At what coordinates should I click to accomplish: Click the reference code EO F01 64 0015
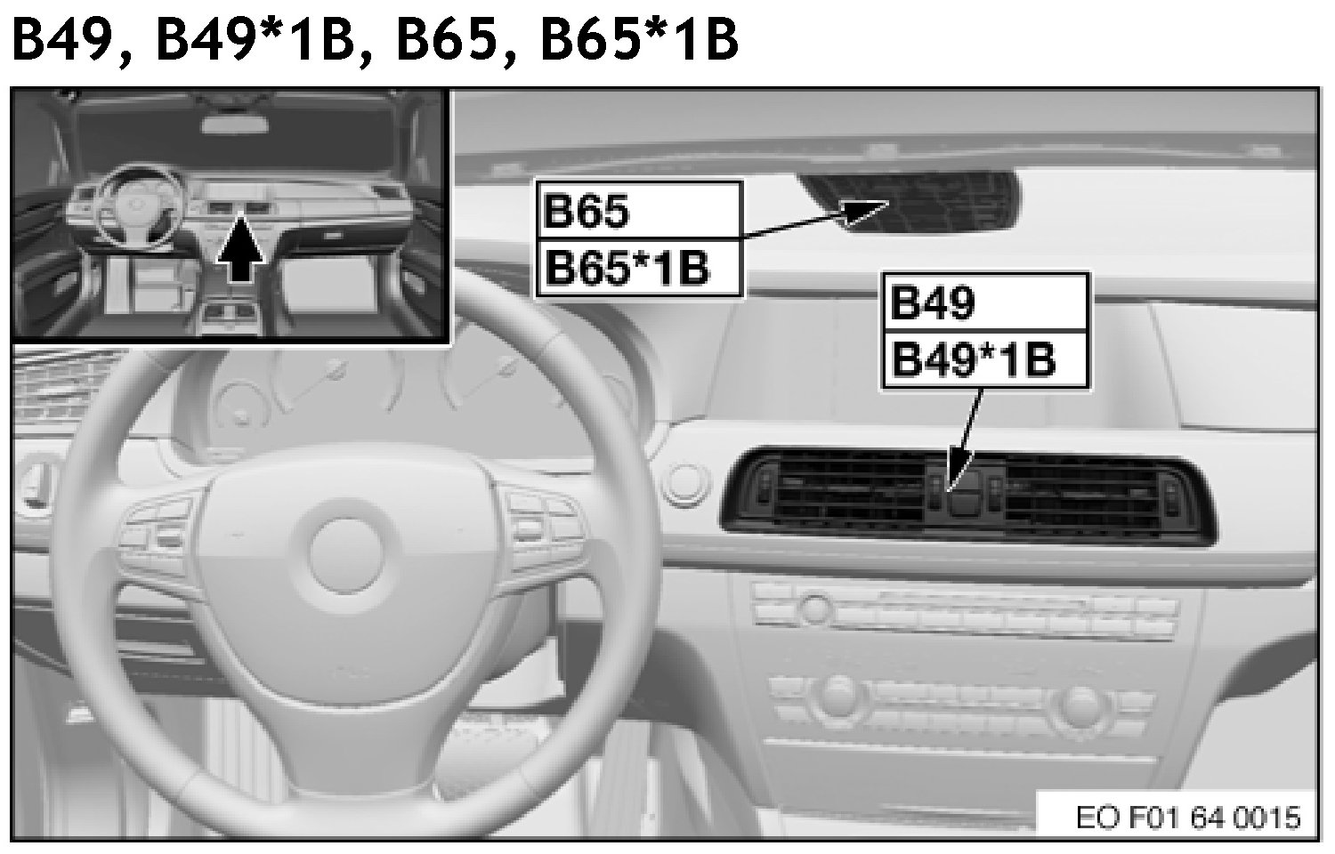pyautogui.click(x=1187, y=817)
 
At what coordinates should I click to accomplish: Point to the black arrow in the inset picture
pyautogui.click(x=240, y=250)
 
